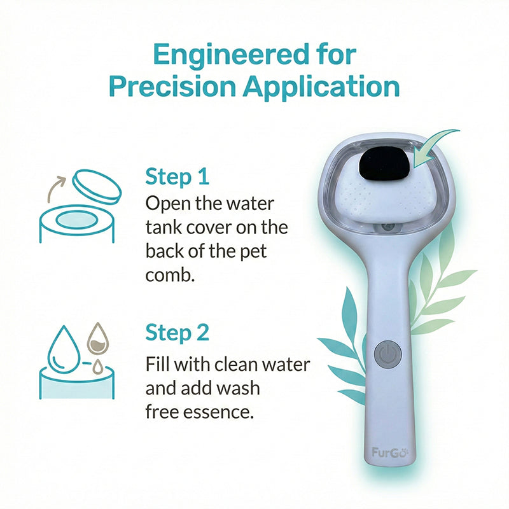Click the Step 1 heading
178,176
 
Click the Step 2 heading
178,333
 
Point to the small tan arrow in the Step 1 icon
57,186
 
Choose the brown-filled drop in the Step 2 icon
97,338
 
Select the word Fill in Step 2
158,365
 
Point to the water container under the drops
77,384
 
